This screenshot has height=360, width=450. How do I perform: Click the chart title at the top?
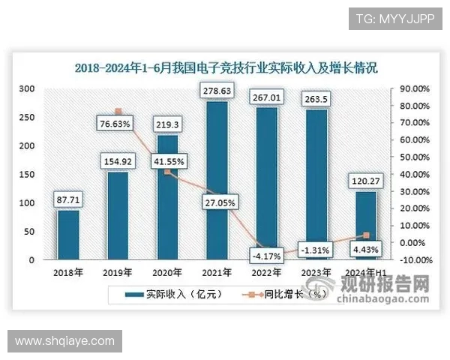coord(226,67)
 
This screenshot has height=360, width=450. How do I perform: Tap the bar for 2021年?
coord(217,181)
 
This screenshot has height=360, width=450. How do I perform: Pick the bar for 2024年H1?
coord(365,226)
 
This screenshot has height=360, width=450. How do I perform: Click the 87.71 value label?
coord(68,199)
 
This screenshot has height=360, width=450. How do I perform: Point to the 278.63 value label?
coord(217,91)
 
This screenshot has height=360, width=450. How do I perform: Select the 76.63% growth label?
coord(117,122)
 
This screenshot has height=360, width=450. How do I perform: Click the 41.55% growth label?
coord(167,160)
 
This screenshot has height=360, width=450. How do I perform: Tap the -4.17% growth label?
coord(267,256)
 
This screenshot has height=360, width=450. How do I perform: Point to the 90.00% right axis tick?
coord(413,88)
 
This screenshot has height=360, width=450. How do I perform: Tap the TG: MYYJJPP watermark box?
coord(390,18)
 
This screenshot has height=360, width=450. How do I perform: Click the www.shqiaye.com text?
coord(64,341)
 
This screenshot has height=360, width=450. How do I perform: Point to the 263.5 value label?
coord(316,101)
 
